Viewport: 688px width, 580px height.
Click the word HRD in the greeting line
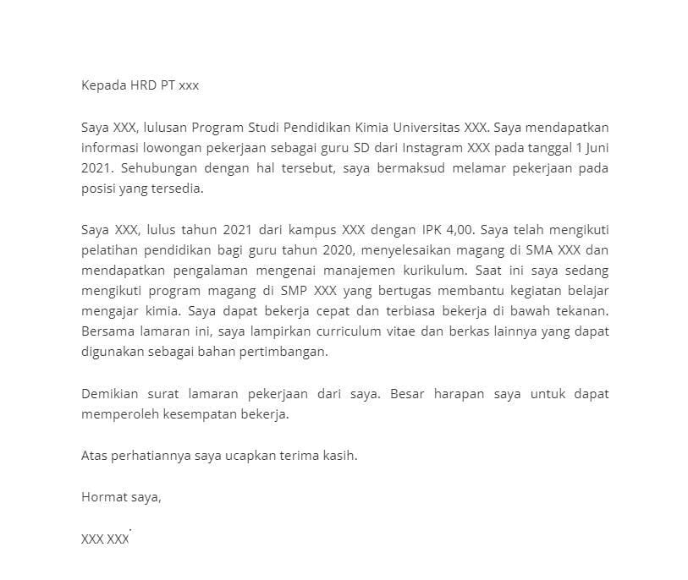142,85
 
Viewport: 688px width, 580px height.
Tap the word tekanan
580,310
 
